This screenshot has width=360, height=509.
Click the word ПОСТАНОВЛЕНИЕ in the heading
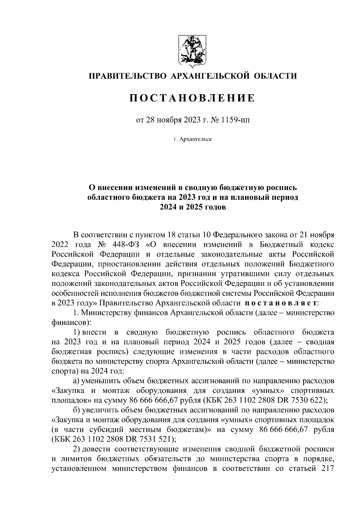click(x=192, y=98)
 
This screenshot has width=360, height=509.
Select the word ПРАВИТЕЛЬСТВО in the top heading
click(x=127, y=76)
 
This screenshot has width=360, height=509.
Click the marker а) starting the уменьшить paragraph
click(x=77, y=381)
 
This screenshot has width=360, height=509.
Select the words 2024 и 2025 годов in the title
click(x=192, y=207)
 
